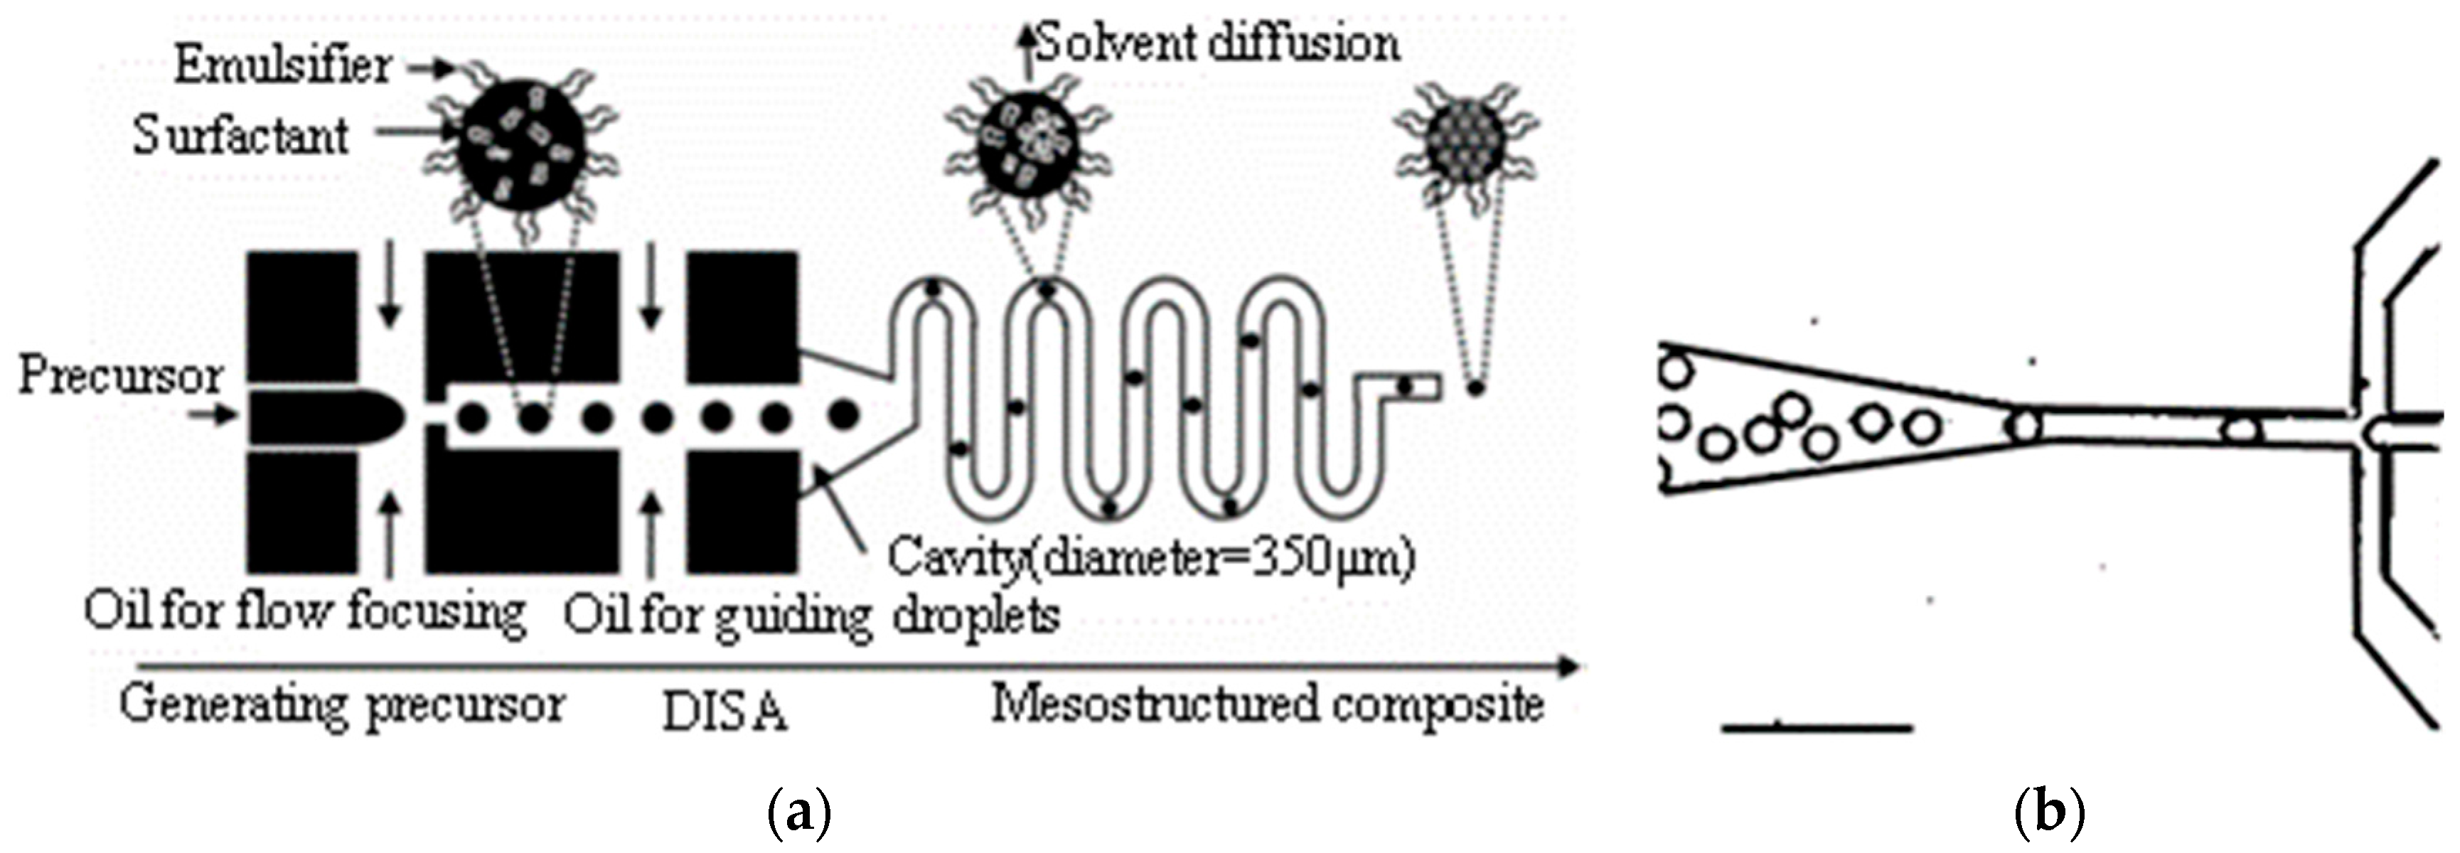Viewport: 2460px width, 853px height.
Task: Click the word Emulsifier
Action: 283,66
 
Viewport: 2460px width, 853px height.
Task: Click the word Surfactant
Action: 240,136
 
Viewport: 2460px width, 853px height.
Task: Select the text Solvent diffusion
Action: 1218,44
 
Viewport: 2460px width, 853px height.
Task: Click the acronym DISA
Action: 724,712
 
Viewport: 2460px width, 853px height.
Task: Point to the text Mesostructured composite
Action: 1267,705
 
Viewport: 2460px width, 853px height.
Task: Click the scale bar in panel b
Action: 1817,728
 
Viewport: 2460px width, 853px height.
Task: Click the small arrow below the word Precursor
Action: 214,417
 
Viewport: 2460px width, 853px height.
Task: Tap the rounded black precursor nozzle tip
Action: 387,417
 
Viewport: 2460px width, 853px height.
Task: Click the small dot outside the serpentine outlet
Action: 1475,389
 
